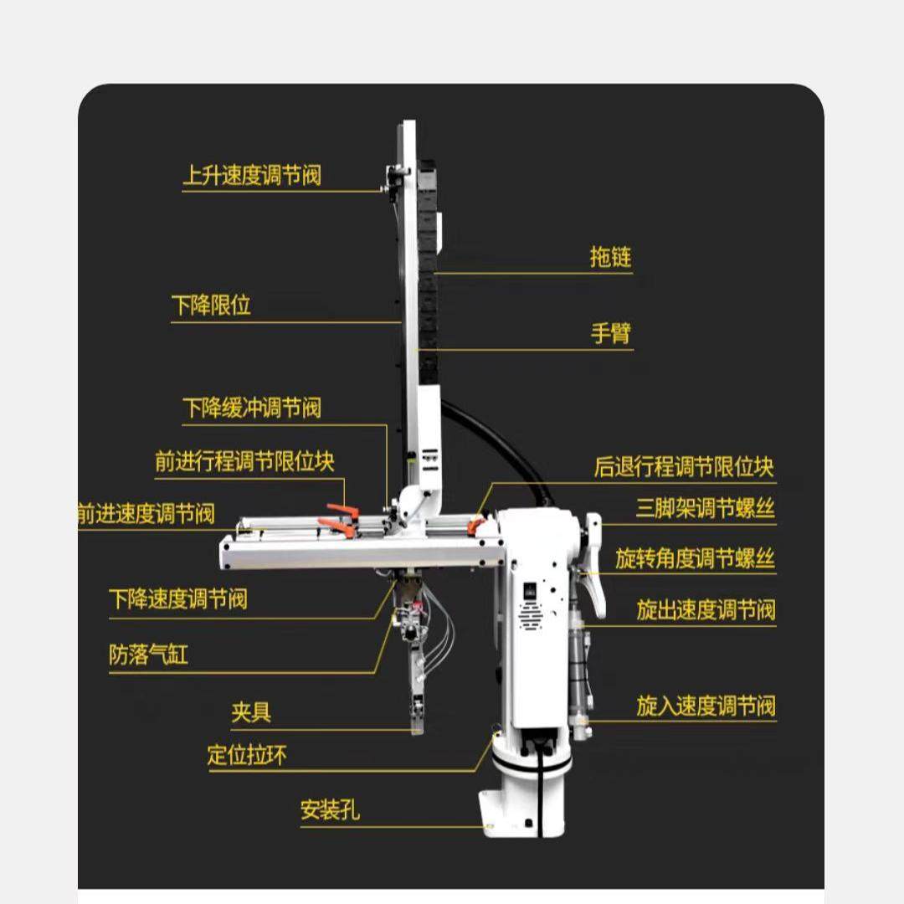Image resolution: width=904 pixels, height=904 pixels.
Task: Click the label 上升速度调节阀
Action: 251,176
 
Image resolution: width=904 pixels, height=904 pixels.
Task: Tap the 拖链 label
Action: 610,257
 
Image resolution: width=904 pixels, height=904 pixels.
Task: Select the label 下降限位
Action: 211,306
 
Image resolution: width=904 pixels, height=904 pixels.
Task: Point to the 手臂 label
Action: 611,334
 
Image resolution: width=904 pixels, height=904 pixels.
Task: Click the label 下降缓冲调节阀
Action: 251,408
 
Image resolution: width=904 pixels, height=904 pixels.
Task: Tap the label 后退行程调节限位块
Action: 684,466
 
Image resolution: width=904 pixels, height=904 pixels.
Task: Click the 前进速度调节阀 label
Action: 146,513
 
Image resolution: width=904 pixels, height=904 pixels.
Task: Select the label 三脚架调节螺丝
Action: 705,508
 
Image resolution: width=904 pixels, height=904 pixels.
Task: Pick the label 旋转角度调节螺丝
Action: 695,558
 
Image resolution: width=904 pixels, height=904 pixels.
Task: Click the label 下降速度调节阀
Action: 177,599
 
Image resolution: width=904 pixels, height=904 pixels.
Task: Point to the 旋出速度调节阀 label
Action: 705,609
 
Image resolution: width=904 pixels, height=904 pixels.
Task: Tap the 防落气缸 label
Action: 148,655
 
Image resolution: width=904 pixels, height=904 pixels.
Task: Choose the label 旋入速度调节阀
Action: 705,706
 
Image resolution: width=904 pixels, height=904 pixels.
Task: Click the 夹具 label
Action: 251,713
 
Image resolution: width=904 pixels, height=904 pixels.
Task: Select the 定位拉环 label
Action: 247,756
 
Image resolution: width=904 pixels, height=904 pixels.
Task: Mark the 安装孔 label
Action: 330,810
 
